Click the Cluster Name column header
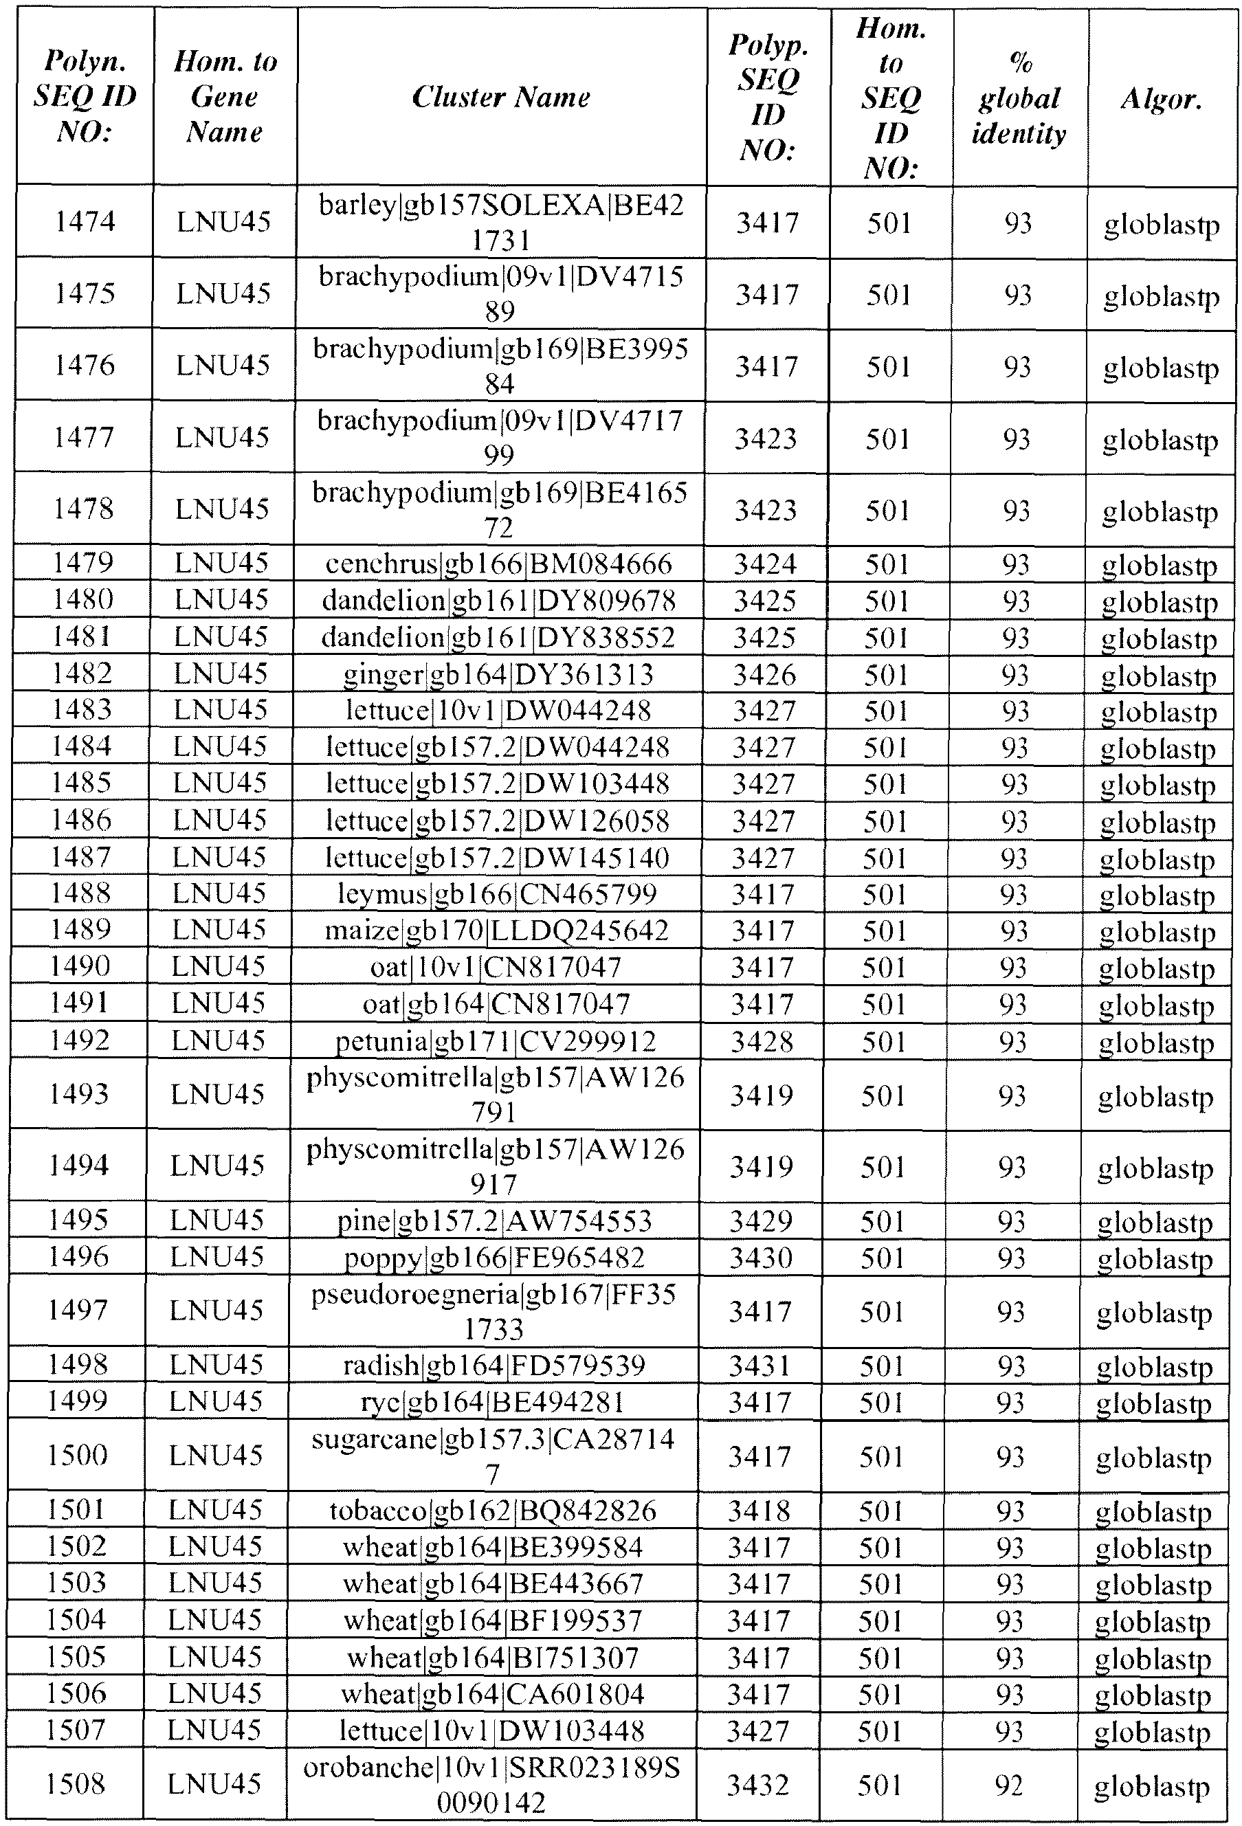click(x=501, y=97)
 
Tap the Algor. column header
click(x=1161, y=98)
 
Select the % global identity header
click(x=1019, y=98)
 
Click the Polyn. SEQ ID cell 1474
click(x=85, y=221)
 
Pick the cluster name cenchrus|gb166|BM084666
click(x=499, y=564)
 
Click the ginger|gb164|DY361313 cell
click(x=498, y=673)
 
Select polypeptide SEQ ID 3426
click(x=764, y=674)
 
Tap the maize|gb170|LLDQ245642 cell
click(x=496, y=931)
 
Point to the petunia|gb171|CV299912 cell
click(x=496, y=1041)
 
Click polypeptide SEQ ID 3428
click(x=762, y=1041)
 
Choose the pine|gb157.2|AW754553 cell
click(x=495, y=1221)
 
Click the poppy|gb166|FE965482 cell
click(x=495, y=1257)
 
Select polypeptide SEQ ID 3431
click(x=759, y=1366)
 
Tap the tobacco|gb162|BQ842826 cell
click(x=494, y=1510)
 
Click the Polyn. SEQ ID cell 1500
click(x=77, y=1455)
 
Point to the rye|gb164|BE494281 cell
click(x=494, y=1402)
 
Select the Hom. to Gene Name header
click(x=225, y=97)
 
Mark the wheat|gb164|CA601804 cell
click(x=493, y=1693)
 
